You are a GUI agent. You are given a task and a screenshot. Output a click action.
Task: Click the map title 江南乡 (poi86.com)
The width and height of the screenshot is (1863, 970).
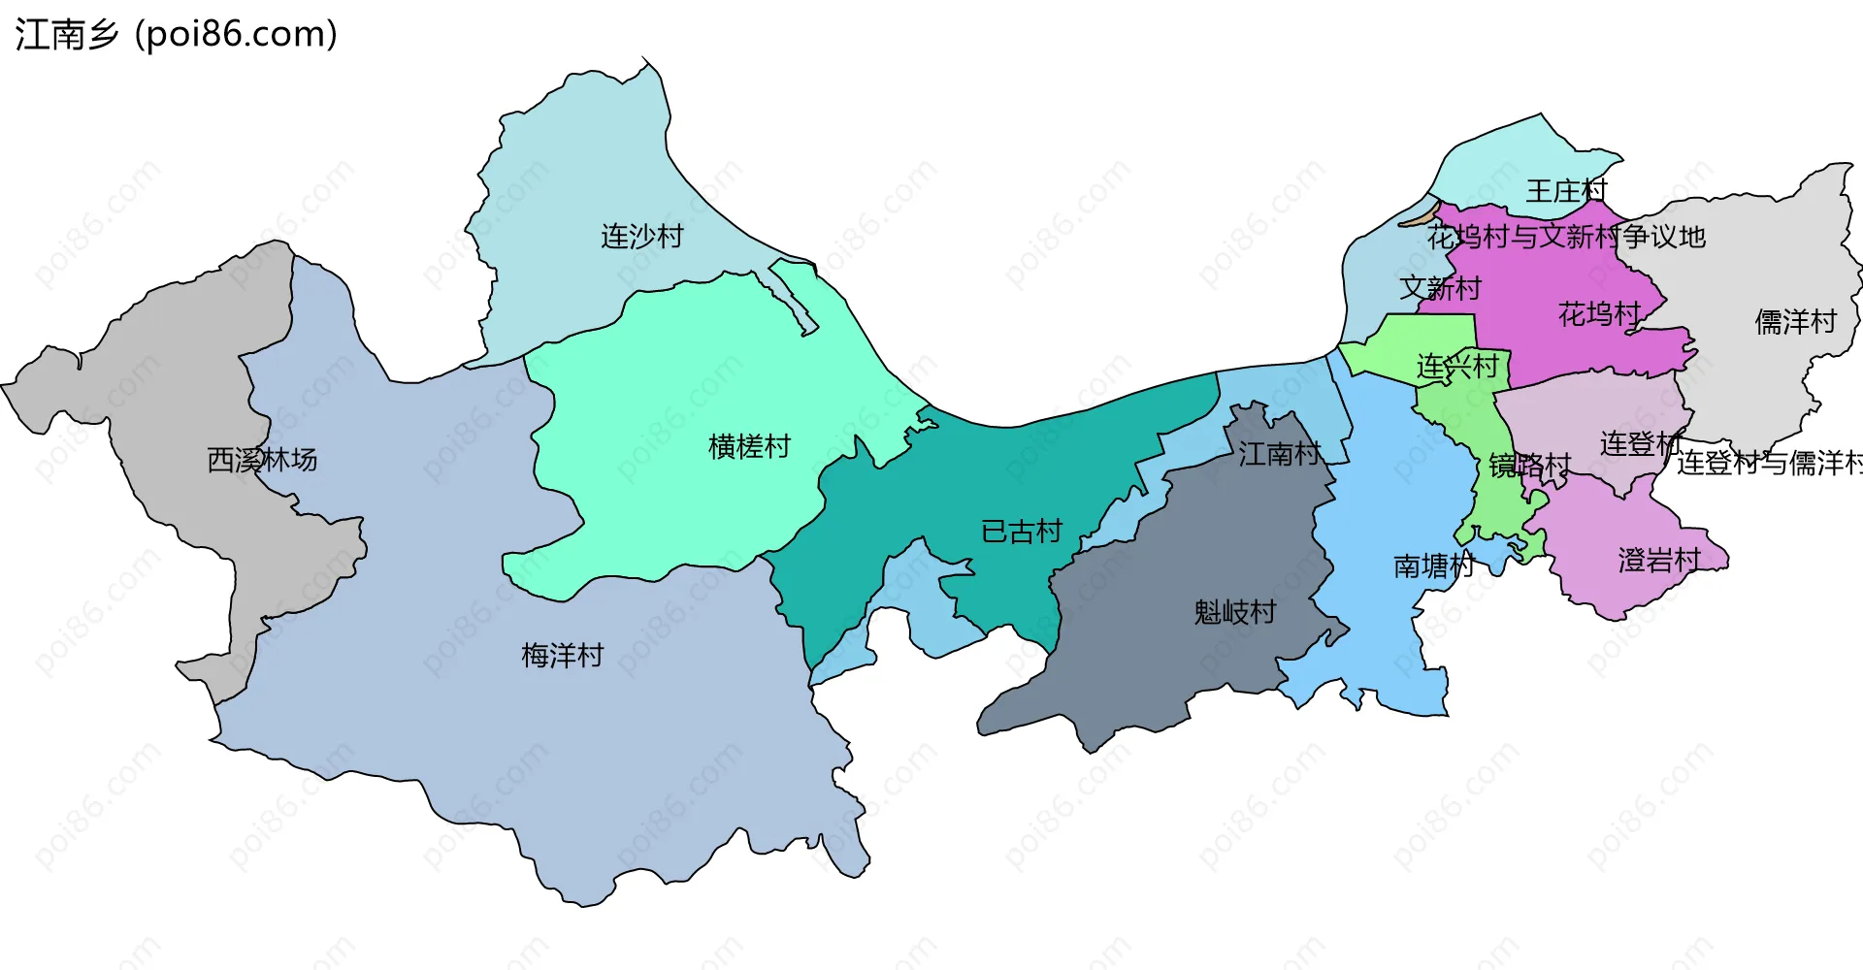[176, 35]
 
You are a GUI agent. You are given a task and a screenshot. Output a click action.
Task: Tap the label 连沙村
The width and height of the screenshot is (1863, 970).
[641, 236]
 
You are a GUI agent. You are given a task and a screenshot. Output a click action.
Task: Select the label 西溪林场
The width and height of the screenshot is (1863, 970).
[262, 460]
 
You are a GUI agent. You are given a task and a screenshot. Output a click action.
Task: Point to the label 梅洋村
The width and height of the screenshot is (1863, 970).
[562, 656]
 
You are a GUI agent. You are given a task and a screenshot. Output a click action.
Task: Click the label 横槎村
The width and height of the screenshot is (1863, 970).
[749, 446]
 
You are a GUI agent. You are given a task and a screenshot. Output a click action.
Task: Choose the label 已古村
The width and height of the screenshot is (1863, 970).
[1022, 532]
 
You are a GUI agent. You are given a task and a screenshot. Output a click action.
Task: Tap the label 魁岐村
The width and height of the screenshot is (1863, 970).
[1234, 612]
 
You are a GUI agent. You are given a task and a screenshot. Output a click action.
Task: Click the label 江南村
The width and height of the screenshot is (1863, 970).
[1279, 453]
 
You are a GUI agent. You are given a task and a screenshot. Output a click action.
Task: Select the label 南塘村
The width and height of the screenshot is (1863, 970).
[1433, 566]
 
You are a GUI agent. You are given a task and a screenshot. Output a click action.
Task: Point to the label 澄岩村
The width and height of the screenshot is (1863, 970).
[1659, 560]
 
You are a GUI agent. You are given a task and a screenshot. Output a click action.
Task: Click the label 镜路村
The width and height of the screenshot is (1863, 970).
[1529, 466]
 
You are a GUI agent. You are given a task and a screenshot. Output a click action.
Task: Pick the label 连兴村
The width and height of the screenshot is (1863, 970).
[1457, 367]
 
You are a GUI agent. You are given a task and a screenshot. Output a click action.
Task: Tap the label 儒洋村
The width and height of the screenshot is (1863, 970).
[1795, 321]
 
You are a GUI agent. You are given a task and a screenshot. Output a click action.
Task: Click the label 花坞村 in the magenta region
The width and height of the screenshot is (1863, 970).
[1598, 313]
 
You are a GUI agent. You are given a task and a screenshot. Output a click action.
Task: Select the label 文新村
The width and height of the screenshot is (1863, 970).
[1440, 288]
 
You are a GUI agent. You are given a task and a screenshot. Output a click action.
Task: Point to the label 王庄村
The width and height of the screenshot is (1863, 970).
[1566, 190]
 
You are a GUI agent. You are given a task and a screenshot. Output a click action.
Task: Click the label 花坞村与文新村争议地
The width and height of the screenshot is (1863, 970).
[1566, 236]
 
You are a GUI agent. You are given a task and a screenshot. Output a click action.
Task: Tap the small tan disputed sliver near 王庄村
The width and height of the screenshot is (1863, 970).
[1419, 215]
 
